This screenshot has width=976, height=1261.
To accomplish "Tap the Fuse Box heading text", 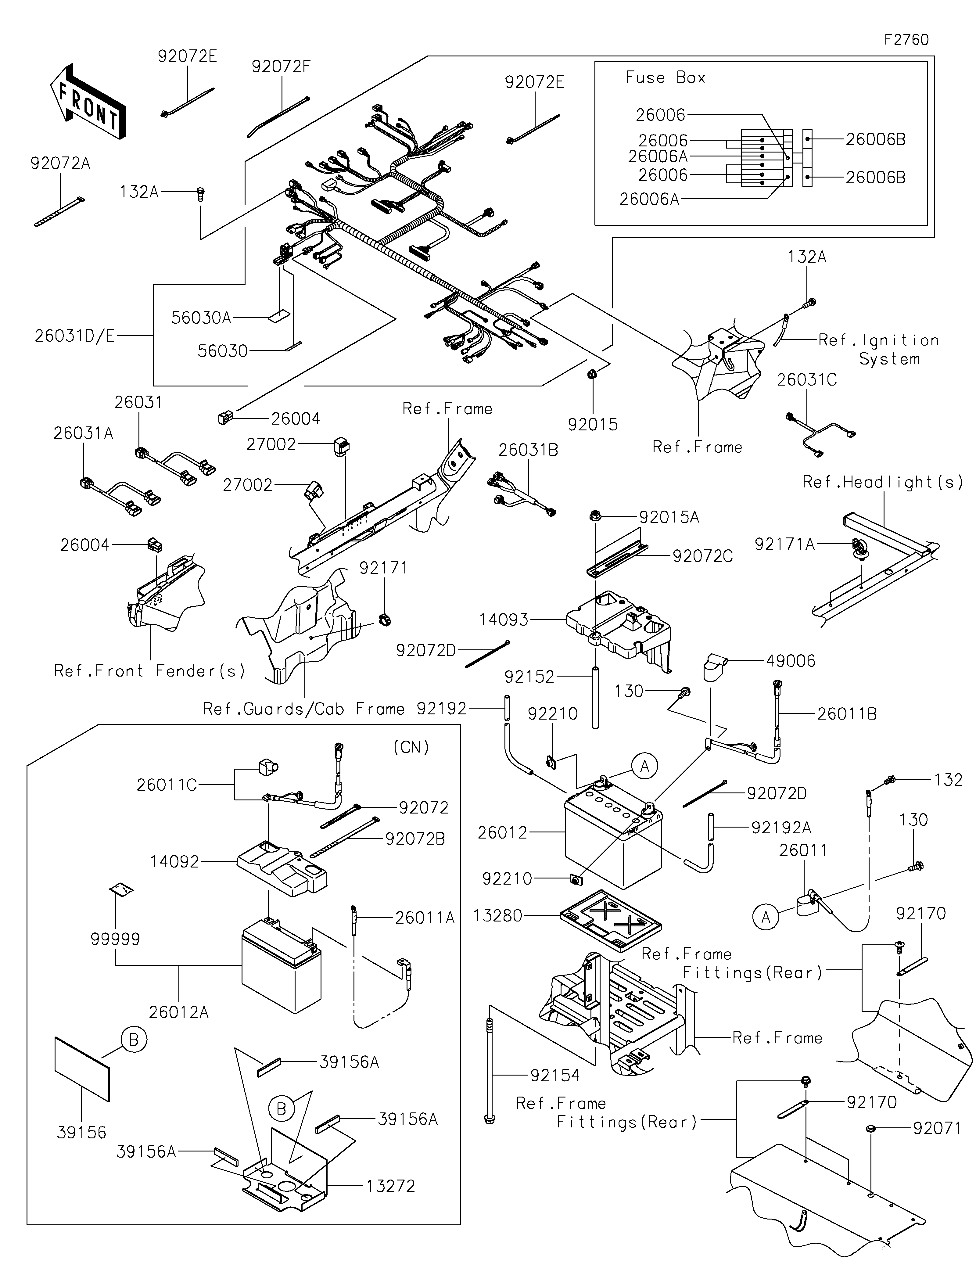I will tap(666, 78).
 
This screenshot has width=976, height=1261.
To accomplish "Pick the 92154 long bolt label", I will tap(555, 1076).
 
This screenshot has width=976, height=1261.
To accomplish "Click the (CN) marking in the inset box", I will tap(411, 748).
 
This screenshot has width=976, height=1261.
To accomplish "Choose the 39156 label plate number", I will tap(81, 1133).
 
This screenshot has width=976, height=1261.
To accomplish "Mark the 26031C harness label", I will tap(806, 380).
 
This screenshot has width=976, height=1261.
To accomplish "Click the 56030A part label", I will tap(201, 318).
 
